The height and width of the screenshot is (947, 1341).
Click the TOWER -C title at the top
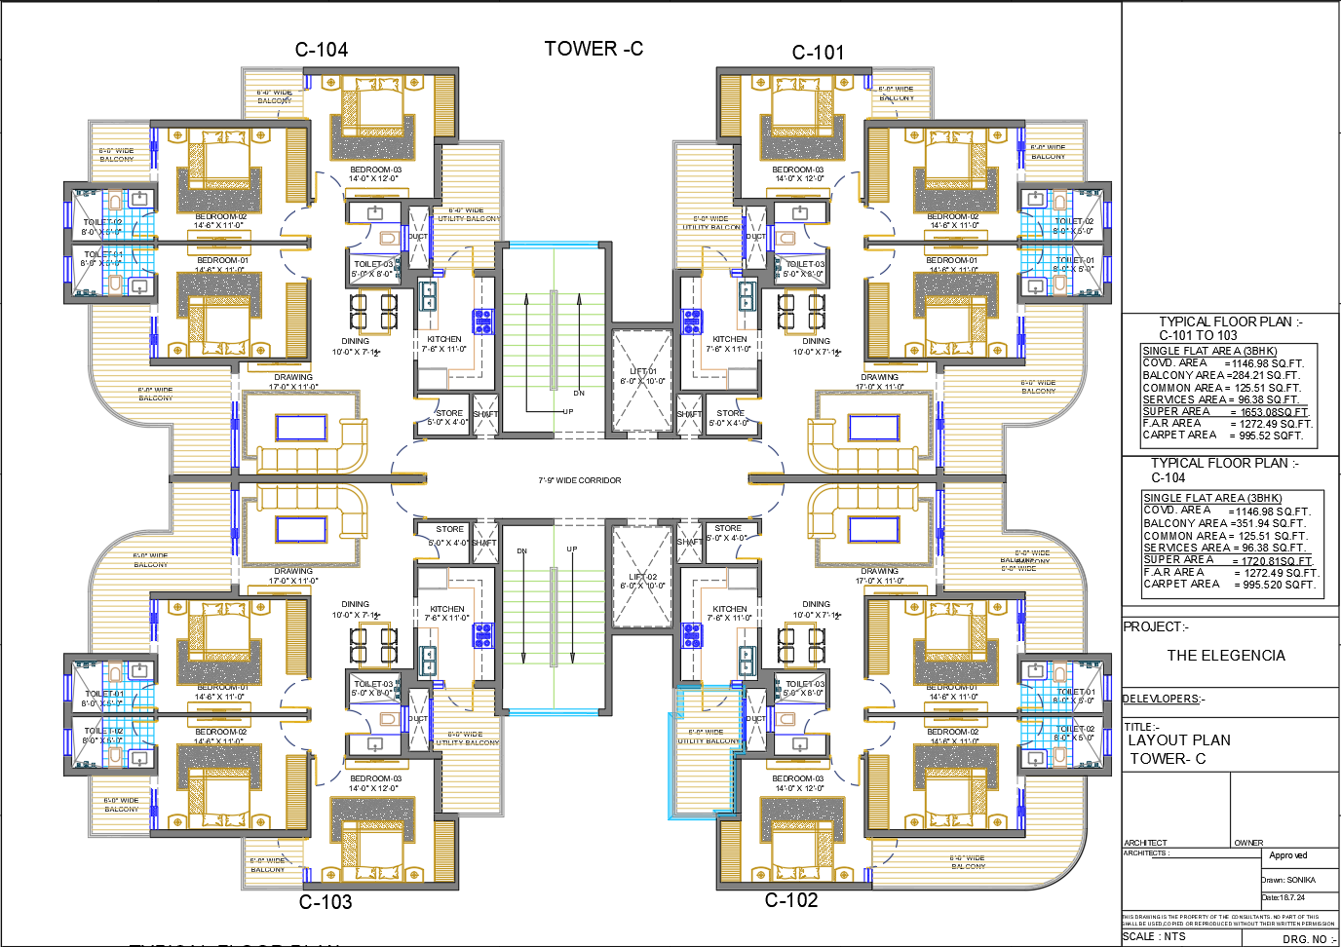tap(594, 49)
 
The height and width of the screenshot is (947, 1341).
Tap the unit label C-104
tap(322, 50)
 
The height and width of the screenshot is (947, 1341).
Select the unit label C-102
tap(790, 900)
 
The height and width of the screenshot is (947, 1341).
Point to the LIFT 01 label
tap(643, 371)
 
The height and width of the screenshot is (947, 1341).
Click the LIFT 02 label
tap(643, 577)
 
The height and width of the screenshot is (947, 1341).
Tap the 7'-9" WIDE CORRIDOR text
tap(580, 480)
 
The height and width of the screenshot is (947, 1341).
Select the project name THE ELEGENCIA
tap(1226, 656)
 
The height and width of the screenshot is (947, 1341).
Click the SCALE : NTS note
tap(1155, 936)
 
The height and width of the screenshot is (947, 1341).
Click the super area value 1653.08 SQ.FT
tap(1274, 412)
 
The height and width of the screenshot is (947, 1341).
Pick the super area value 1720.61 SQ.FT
tap(1277, 561)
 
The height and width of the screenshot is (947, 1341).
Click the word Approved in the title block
tap(1288, 855)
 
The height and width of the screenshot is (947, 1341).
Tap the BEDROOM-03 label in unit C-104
tap(375, 170)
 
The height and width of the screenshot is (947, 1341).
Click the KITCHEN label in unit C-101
tap(729, 339)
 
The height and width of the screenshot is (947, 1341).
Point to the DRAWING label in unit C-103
tap(293, 571)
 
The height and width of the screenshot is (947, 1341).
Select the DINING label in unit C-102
tap(816, 604)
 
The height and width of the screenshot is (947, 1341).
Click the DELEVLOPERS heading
tap(1164, 699)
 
